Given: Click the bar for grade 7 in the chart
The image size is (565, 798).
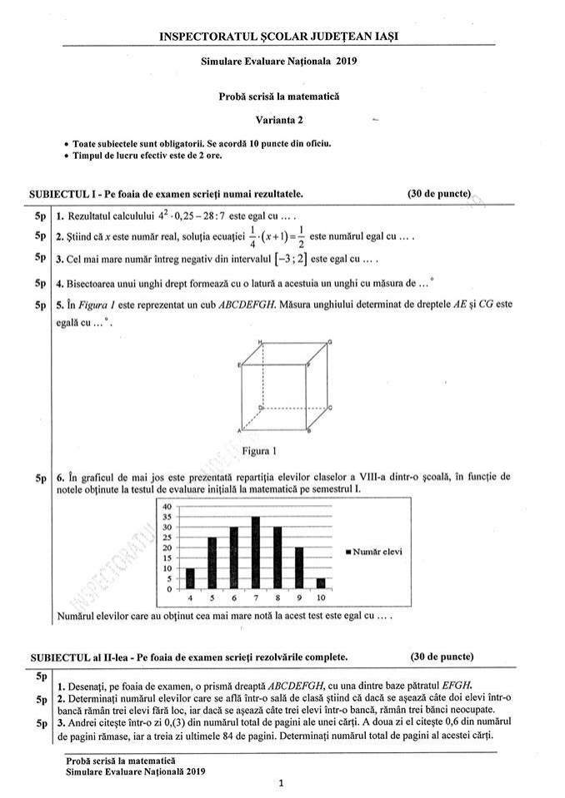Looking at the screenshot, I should (x=255, y=553).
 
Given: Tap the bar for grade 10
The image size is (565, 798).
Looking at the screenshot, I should (x=321, y=583).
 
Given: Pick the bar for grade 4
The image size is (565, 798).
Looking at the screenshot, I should (x=190, y=578).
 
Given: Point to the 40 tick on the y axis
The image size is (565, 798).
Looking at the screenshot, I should (x=167, y=507).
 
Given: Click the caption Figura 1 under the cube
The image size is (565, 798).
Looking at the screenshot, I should (x=258, y=451).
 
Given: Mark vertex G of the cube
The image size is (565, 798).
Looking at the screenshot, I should (x=331, y=342).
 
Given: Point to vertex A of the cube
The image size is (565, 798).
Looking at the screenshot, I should (x=240, y=430).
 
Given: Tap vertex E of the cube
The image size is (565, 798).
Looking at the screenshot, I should (x=240, y=364).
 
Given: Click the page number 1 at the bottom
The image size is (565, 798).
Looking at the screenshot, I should (x=282, y=783).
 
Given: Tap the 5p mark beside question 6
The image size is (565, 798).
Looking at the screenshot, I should (x=40, y=478).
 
